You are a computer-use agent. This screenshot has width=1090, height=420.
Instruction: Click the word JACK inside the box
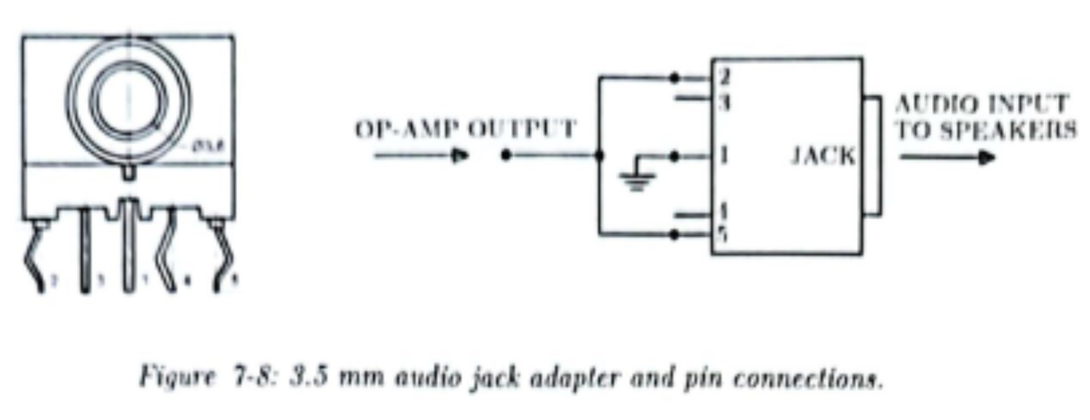point(824,156)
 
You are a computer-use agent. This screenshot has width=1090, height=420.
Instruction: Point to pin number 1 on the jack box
point(723,156)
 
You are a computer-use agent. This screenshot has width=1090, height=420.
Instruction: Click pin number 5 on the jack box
point(723,236)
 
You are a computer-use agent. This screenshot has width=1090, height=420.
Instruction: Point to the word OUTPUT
point(522,129)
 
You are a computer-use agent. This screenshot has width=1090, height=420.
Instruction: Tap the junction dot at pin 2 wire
point(674,78)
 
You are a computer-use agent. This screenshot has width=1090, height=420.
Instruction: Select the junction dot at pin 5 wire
point(674,234)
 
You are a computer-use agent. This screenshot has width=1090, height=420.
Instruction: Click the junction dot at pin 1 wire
point(674,157)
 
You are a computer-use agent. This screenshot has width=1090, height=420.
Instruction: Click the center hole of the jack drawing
point(128,99)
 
